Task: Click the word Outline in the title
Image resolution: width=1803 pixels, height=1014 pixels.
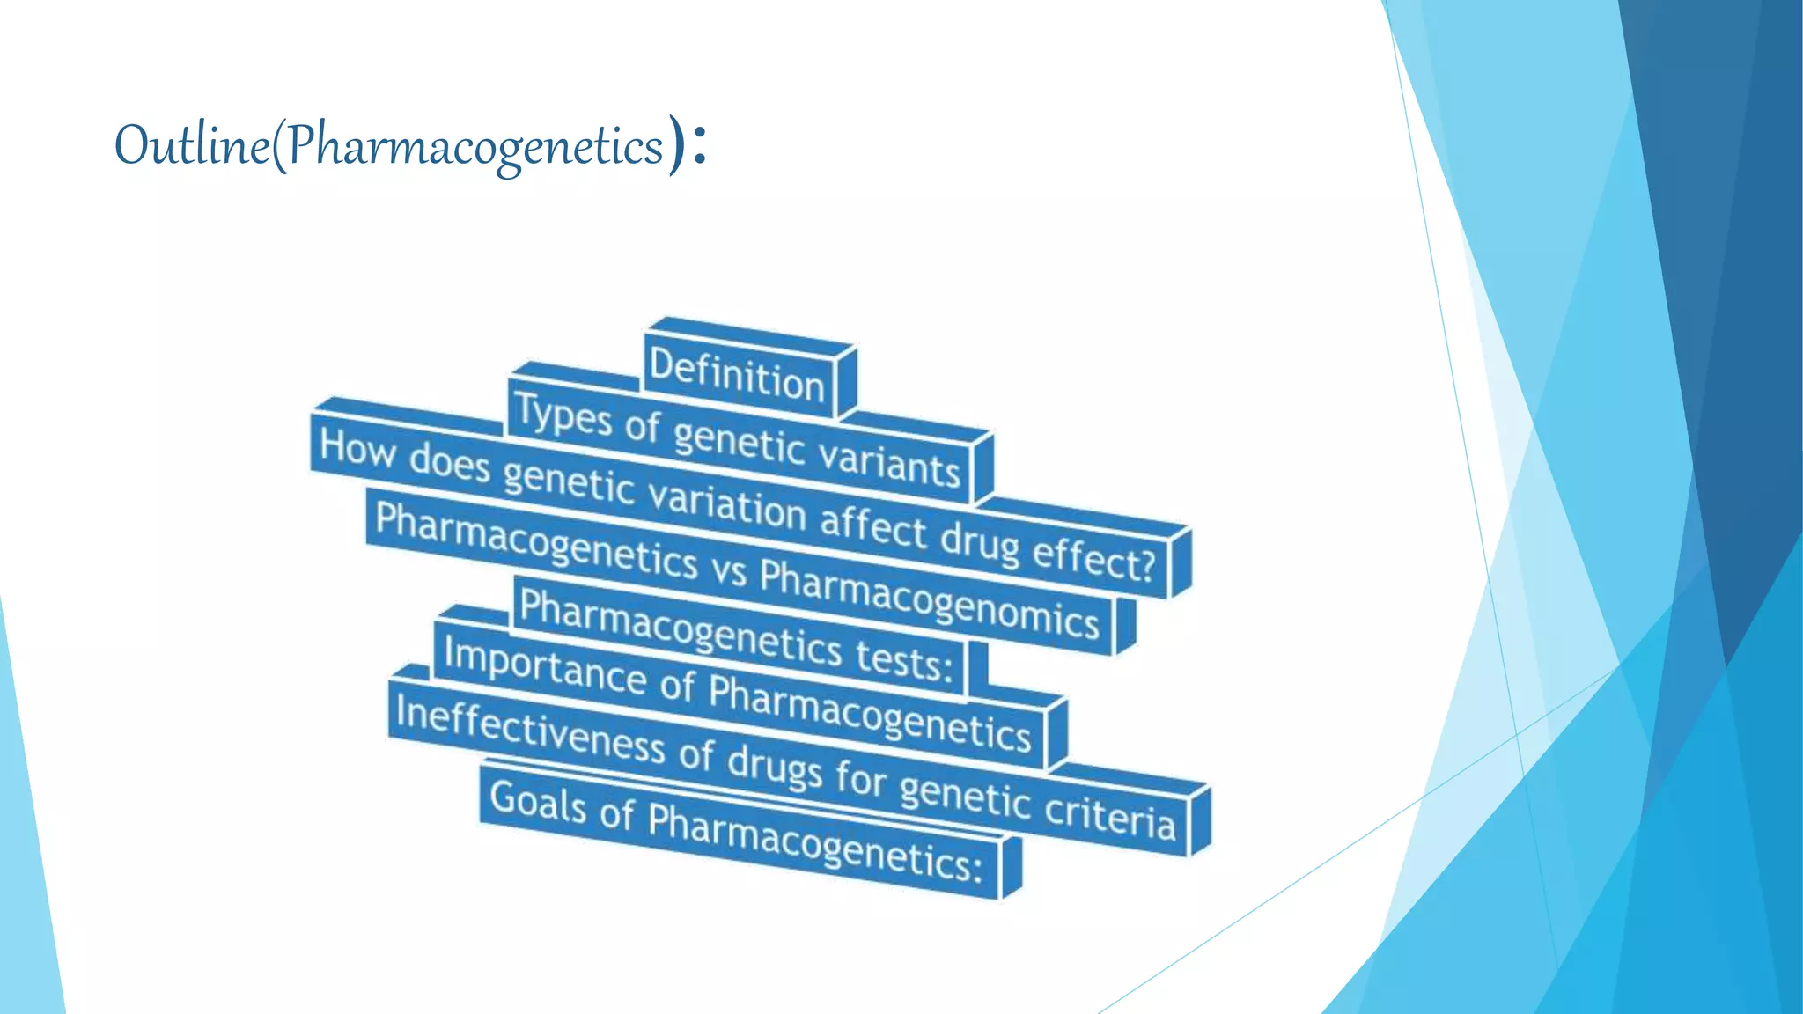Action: point(191,145)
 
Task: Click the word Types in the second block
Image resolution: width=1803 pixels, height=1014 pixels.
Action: point(563,415)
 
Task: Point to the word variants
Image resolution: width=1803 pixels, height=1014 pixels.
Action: point(889,461)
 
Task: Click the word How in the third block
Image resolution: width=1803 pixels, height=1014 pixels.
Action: point(357,448)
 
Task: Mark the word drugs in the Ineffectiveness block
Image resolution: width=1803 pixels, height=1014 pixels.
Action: point(775,765)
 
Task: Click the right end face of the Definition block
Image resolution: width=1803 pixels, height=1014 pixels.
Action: point(846,380)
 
